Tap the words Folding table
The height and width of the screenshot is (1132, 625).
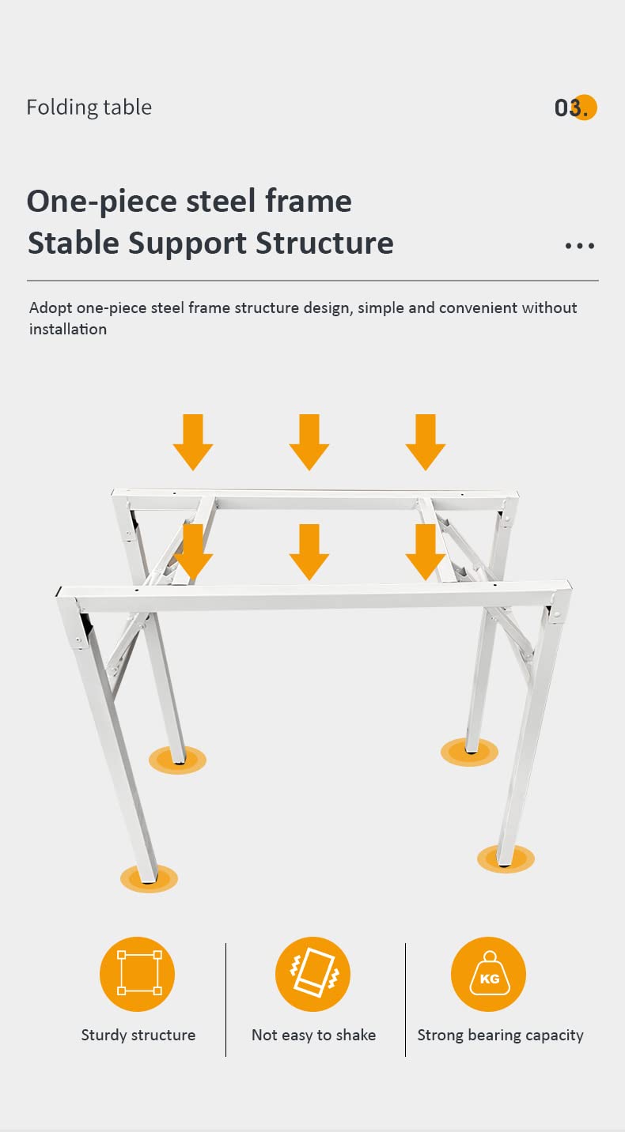89,108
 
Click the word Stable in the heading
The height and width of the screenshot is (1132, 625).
74,243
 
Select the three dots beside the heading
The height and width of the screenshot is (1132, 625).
580,246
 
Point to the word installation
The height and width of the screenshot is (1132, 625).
68,329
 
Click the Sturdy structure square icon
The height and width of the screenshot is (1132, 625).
137,974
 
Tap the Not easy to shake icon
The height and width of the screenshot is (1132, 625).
313,974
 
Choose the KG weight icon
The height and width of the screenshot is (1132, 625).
488,974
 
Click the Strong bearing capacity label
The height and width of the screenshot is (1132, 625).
500,1036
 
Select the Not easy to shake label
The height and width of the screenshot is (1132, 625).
313,1036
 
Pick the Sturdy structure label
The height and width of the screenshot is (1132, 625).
138,1036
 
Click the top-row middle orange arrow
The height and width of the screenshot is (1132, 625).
309,442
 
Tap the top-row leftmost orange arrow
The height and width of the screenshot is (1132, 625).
193,442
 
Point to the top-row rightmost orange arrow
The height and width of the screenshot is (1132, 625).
426,442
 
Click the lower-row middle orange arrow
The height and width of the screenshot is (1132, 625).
309,552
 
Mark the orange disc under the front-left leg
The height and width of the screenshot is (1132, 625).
150,879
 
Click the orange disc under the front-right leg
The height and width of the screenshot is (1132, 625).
506,858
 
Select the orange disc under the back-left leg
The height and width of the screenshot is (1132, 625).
177,760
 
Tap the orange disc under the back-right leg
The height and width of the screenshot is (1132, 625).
469,752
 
